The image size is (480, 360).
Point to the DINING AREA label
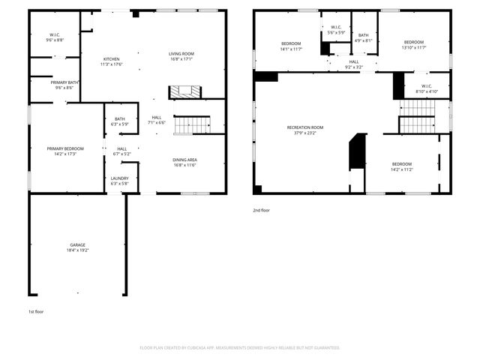point(185,162)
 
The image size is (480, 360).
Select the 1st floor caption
point(35,311)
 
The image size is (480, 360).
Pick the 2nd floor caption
point(261,211)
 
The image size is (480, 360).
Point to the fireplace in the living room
point(184,91)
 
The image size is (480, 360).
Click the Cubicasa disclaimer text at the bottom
point(240,348)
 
